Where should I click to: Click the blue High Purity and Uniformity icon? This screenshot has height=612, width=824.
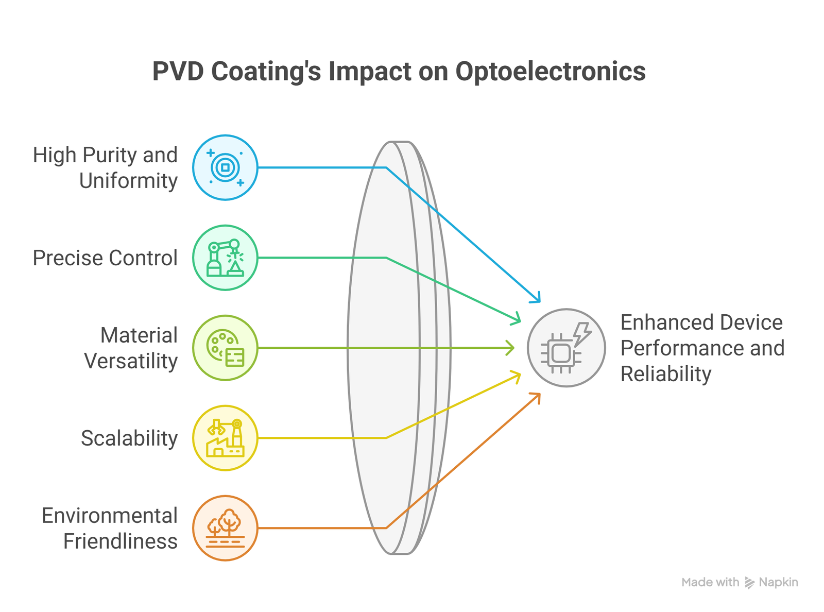(x=225, y=167)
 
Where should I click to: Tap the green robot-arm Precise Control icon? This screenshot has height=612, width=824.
(x=225, y=258)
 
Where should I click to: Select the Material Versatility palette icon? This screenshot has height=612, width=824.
(x=225, y=348)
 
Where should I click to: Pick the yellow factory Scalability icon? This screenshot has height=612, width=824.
(x=225, y=438)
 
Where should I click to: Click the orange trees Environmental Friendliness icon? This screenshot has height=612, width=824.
(x=225, y=528)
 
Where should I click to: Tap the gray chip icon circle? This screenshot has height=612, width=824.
(x=566, y=348)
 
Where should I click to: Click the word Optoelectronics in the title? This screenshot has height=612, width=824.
(x=550, y=72)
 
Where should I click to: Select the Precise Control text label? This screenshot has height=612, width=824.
(x=105, y=258)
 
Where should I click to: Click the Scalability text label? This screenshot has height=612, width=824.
(x=129, y=438)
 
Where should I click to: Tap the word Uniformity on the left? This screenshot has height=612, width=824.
(x=128, y=181)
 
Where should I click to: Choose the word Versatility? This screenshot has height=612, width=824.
(x=131, y=361)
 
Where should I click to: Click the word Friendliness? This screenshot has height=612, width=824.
(x=121, y=541)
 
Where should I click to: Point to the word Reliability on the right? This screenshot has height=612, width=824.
(x=665, y=374)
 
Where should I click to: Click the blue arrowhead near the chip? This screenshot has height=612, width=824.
(x=537, y=299)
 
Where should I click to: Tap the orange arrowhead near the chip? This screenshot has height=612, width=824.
(x=537, y=396)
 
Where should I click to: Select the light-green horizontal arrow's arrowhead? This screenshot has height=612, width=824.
(x=511, y=348)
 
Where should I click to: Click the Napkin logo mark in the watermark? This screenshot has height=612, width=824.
(x=749, y=583)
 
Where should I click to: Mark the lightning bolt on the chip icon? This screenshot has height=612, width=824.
(x=582, y=333)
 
